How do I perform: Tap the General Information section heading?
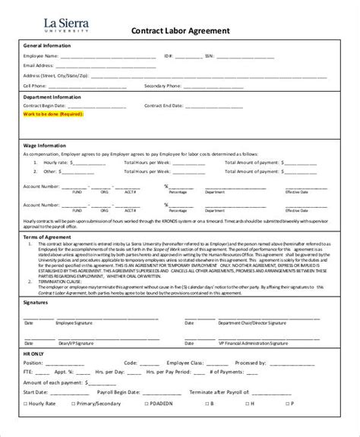point(47,46)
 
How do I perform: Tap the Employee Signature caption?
point(77,322)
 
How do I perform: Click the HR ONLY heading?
point(35,352)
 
